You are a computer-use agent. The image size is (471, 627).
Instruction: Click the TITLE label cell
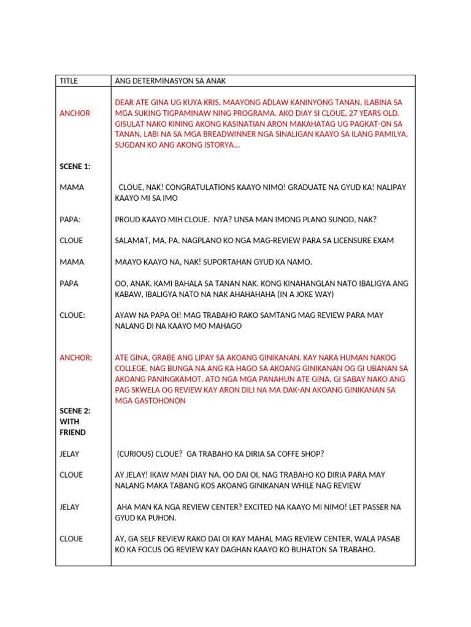(69, 81)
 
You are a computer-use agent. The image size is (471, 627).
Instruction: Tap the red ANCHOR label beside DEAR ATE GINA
(75, 113)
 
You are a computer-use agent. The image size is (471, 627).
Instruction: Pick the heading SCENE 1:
(75, 167)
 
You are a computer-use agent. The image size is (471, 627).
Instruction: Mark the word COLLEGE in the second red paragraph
(133, 369)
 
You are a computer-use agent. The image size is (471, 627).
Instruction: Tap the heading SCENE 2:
(75, 411)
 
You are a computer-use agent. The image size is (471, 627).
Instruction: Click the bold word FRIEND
(72, 432)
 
